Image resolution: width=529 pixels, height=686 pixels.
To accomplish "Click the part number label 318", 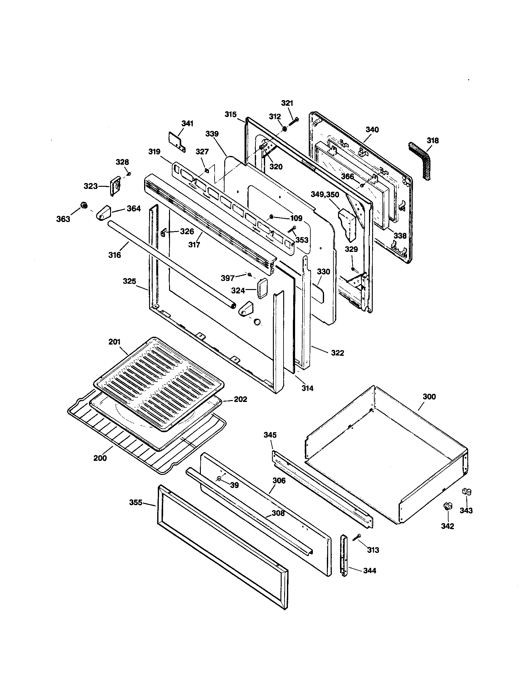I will click(x=433, y=141).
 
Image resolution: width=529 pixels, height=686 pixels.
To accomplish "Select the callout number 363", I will click(x=63, y=219).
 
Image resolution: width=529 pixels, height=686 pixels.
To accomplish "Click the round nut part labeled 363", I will click(x=84, y=205).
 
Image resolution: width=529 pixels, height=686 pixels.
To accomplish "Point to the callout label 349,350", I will click(x=325, y=195).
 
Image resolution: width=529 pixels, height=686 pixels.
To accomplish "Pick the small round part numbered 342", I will click(x=447, y=506).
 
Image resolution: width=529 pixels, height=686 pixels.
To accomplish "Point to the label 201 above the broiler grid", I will click(x=114, y=342).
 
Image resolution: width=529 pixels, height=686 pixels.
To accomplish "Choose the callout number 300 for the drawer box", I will click(x=429, y=397).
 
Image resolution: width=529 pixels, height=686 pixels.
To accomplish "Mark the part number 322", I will click(x=337, y=353).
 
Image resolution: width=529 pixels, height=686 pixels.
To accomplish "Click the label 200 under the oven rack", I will click(x=100, y=458).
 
